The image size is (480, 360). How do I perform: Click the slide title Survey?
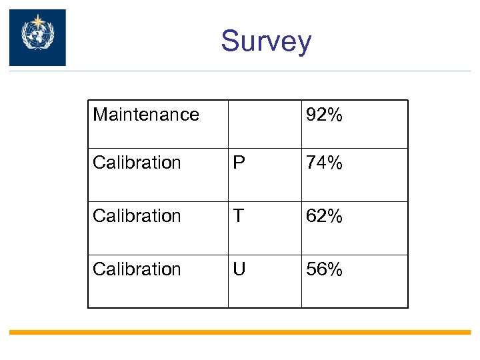[266, 41]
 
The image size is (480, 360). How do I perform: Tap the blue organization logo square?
[37, 37]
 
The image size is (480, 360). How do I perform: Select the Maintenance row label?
[146, 115]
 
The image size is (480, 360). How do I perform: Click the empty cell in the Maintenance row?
[264, 124]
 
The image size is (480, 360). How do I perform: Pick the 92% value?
[324, 115]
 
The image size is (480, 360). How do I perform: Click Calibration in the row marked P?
[137, 163]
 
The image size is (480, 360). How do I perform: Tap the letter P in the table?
[238, 163]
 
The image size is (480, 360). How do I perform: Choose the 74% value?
[324, 163]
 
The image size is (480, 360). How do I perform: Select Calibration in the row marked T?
[137, 216]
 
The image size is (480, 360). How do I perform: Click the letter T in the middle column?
[238, 216]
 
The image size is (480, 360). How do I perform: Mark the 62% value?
[324, 216]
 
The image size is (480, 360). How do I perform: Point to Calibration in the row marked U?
[137, 269]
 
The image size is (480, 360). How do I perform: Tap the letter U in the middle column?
[239, 269]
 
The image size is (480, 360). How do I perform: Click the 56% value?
[324, 269]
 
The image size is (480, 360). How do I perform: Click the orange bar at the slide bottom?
[240, 332]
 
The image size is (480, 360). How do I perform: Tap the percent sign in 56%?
[335, 269]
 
